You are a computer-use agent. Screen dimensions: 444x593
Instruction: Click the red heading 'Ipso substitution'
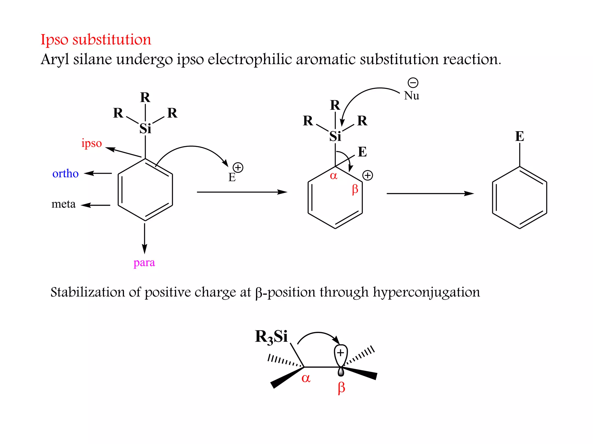click(x=96, y=40)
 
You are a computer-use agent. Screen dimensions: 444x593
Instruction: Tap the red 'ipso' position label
click(x=91, y=143)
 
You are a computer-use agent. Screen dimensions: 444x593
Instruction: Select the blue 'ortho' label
click(x=65, y=173)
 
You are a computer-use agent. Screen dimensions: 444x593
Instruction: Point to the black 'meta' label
click(x=63, y=204)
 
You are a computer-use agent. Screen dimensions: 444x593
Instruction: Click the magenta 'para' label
click(x=144, y=262)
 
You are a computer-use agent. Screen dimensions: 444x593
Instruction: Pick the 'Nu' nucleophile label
click(x=411, y=96)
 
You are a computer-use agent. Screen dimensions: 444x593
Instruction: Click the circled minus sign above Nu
click(x=413, y=83)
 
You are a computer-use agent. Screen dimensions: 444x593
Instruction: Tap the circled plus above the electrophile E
click(x=238, y=167)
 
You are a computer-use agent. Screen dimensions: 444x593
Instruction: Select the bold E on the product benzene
click(x=519, y=136)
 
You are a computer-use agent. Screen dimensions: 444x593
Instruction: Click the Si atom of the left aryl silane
click(x=145, y=129)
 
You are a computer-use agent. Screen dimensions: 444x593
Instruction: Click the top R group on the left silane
click(x=145, y=98)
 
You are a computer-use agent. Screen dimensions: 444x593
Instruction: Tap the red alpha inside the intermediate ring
click(x=334, y=175)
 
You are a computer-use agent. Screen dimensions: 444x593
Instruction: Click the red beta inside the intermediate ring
click(x=355, y=190)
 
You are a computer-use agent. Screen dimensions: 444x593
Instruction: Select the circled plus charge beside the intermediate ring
click(x=367, y=175)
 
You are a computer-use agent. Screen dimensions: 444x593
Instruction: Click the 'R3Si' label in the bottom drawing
click(x=271, y=337)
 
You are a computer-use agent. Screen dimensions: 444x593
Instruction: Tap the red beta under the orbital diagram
click(x=341, y=388)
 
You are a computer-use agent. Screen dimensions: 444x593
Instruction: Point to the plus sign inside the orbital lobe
click(x=341, y=353)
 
